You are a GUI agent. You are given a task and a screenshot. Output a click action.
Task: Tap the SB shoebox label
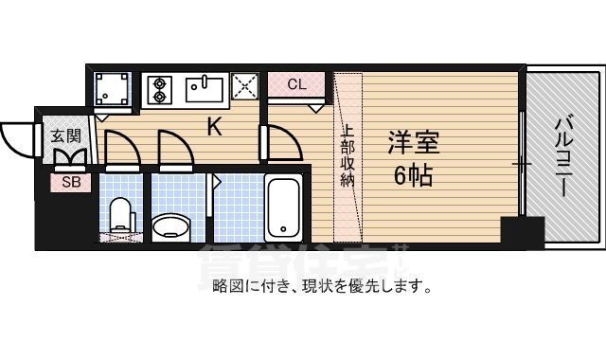(71, 181)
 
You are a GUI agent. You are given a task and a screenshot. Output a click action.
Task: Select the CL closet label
(296, 83)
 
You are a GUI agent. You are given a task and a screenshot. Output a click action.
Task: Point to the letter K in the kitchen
(215, 127)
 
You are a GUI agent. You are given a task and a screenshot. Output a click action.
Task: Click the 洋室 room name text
(414, 146)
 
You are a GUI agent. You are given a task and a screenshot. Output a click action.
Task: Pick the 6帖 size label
(414, 176)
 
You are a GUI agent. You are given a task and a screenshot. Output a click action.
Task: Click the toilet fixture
(121, 216)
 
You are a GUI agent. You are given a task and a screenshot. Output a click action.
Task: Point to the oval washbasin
(171, 225)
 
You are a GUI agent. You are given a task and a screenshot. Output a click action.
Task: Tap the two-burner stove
(158, 90)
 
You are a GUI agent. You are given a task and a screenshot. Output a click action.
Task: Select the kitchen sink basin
(203, 90)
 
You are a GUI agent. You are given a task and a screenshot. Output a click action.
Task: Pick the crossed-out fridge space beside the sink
(244, 88)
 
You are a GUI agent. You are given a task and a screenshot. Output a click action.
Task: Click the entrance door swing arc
(15, 142)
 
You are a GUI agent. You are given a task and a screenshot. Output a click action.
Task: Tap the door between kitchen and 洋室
(282, 141)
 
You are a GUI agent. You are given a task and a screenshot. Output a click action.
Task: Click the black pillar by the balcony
(522, 231)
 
